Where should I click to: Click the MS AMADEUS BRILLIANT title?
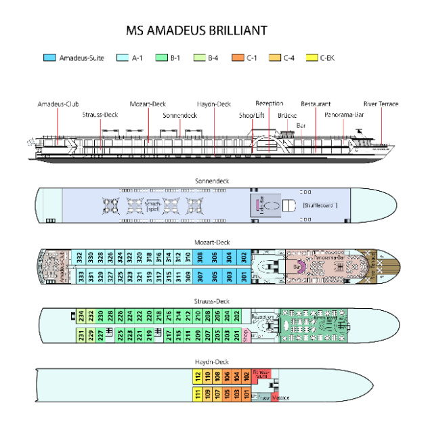click(196, 31)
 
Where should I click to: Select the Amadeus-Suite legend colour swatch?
click(49, 58)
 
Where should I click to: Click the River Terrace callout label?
click(381, 104)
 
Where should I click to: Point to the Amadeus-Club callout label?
click(58, 104)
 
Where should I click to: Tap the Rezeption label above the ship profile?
click(269, 103)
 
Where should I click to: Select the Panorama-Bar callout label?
click(344, 115)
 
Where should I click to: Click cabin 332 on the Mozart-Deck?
click(79, 257)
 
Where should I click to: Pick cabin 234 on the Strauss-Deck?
click(80, 316)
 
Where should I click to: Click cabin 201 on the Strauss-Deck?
click(237, 333)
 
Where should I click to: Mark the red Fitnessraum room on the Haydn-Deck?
click(261, 373)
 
